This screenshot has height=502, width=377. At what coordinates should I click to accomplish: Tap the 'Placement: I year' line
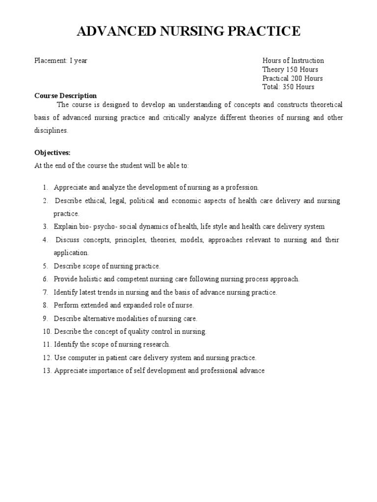[61, 61]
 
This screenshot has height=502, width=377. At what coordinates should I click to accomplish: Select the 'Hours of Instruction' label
[293, 61]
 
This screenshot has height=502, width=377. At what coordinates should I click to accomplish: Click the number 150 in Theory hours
[293, 70]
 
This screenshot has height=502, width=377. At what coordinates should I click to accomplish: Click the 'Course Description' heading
[65, 96]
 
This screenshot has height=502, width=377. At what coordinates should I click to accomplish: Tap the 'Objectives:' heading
[53, 153]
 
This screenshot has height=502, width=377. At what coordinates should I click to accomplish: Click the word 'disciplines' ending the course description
[51, 130]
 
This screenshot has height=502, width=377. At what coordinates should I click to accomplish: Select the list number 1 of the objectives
[45, 188]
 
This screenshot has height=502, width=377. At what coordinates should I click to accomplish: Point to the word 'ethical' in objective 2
[96, 201]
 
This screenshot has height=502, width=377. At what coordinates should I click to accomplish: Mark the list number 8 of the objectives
[45, 305]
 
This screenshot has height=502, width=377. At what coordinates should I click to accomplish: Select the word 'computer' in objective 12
[80, 358]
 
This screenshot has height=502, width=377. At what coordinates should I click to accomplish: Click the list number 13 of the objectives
[46, 371]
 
